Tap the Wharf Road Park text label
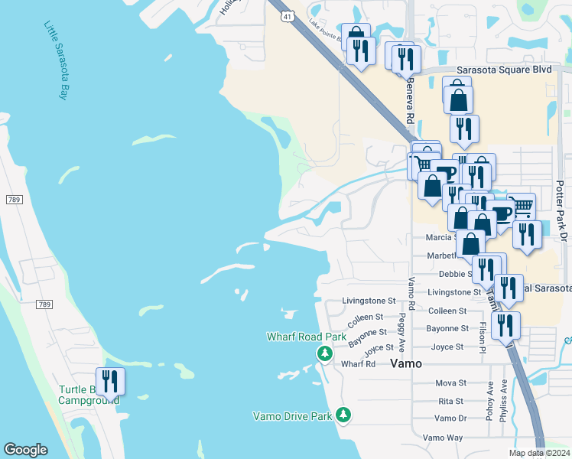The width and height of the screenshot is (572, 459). click(x=306, y=337)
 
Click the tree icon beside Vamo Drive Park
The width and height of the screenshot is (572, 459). click(x=344, y=415)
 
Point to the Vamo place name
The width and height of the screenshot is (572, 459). click(x=405, y=364)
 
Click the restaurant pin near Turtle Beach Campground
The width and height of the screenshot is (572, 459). click(x=110, y=380)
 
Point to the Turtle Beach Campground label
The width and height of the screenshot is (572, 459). click(x=89, y=394)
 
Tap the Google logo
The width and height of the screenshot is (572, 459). click(x=25, y=450)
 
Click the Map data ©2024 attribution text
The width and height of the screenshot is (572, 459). click(x=538, y=453)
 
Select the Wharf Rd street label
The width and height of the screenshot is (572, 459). click(x=359, y=364)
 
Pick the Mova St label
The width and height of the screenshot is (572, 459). click(x=450, y=382)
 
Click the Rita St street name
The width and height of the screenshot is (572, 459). click(x=450, y=401)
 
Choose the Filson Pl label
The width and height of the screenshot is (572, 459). click(x=482, y=337)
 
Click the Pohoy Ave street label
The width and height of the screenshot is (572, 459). click(x=489, y=405)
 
